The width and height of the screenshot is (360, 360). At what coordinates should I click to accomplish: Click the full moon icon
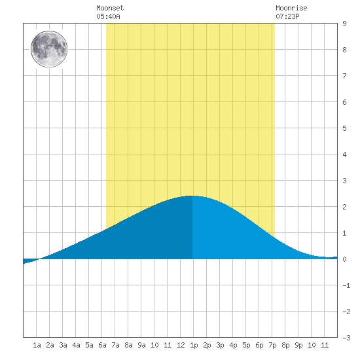pyautogui.click(x=49, y=49)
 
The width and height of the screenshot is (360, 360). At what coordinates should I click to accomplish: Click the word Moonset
pyautogui.click(x=110, y=8)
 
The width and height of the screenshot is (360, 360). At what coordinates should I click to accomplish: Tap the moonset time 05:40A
pyautogui.click(x=108, y=16)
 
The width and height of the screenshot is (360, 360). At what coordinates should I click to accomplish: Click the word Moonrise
pyautogui.click(x=291, y=8)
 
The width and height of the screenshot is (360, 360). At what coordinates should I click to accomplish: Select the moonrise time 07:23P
pyautogui.click(x=287, y=16)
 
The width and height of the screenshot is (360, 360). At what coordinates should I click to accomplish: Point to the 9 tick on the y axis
pyautogui.click(x=344, y=24)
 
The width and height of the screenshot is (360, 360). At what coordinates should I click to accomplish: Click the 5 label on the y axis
pyautogui.click(x=344, y=128)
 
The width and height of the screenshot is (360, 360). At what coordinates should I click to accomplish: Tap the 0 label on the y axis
pyautogui.click(x=344, y=259)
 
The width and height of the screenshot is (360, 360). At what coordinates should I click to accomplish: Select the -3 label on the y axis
pyautogui.click(x=346, y=338)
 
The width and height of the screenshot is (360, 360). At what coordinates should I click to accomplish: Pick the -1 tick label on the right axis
pyautogui.click(x=346, y=285)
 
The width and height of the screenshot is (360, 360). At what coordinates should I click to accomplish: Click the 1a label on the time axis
pyautogui.click(x=37, y=345)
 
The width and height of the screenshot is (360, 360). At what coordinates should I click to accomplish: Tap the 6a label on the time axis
pyautogui.click(x=102, y=345)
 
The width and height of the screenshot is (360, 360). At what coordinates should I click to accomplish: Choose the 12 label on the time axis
pyautogui.click(x=181, y=345)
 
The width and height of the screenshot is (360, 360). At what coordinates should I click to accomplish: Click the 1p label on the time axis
pyautogui.click(x=194, y=345)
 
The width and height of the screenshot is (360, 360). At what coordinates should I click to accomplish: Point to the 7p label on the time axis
pyautogui.click(x=272, y=345)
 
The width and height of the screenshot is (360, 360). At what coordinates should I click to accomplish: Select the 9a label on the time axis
pyautogui.click(x=141, y=345)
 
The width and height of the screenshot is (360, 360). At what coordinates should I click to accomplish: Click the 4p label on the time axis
pyautogui.click(x=233, y=345)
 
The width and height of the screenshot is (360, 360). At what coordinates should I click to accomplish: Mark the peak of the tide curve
pyautogui.click(x=192, y=196)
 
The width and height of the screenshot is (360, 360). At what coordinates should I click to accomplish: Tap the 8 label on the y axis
pyautogui.click(x=344, y=50)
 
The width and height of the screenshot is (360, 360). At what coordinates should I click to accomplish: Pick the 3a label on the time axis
pyautogui.click(x=63, y=345)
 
